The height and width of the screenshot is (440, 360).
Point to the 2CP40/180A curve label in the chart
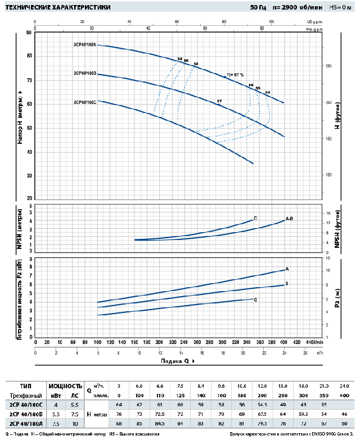coord(85,44)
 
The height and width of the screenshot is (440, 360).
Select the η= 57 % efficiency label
coord(235,74)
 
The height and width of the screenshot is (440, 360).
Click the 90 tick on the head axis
coord(29,33)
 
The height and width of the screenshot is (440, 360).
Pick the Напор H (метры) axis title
coord(20,116)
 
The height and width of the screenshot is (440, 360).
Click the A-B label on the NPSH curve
coord(290,218)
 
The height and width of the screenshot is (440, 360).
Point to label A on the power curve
coord(287,269)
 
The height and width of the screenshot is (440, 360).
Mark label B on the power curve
coord(287,284)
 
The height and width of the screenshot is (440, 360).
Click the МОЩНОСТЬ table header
coord(66,386)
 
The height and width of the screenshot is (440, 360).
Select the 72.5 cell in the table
coord(160,413)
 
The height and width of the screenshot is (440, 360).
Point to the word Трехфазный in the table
coord(22,395)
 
